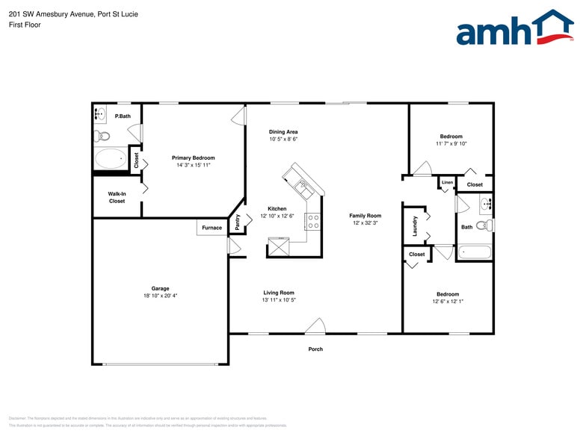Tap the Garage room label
coord(160,288)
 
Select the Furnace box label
coord(212,228)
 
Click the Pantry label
coord(238,221)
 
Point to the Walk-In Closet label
coord(117,197)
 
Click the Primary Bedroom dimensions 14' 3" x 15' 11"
coord(193,165)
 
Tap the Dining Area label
coord(283,131)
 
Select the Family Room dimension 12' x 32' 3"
coord(366,223)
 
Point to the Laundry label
coord(415,226)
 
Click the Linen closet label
coord(447,182)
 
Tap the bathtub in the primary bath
coord(111,158)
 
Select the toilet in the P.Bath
coord(102,136)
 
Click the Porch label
coord(315,349)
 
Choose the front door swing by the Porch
coord(315,326)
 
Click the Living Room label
coord(278,293)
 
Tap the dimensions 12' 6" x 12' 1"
coord(448,302)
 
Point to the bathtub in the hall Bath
coord(474,252)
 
